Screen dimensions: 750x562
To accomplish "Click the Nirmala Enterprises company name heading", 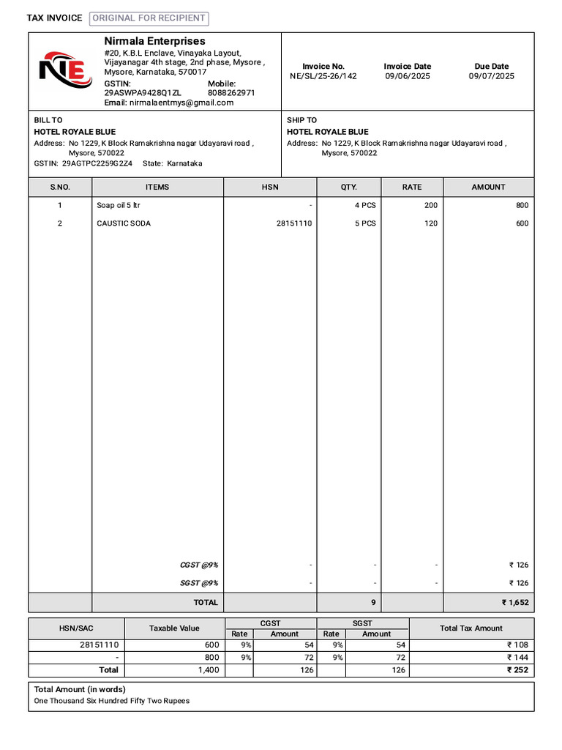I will point(154,41).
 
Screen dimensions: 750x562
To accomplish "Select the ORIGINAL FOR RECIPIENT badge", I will point(149,18).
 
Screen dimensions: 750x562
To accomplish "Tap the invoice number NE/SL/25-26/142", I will point(323,76).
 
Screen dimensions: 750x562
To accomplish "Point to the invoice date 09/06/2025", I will point(408,76).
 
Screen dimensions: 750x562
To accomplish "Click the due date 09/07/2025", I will point(491,76).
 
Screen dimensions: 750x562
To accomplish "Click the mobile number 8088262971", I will point(231,93).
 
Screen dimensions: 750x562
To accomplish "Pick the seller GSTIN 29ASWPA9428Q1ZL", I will point(143,93).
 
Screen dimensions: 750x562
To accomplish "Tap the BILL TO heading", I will point(48,120).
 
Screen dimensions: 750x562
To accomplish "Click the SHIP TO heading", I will point(301,120).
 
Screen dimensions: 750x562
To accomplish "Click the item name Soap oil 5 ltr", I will point(118,206).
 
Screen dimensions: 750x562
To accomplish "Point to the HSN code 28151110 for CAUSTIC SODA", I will point(293,223).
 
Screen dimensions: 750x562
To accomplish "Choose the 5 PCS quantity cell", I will point(365,223).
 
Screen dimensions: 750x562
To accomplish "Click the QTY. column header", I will point(348,187).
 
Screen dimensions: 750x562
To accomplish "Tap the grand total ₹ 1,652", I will point(514,603).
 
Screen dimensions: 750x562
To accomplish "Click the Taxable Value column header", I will point(174,628).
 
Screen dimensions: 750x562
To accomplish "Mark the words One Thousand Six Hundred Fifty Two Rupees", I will point(111,701).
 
